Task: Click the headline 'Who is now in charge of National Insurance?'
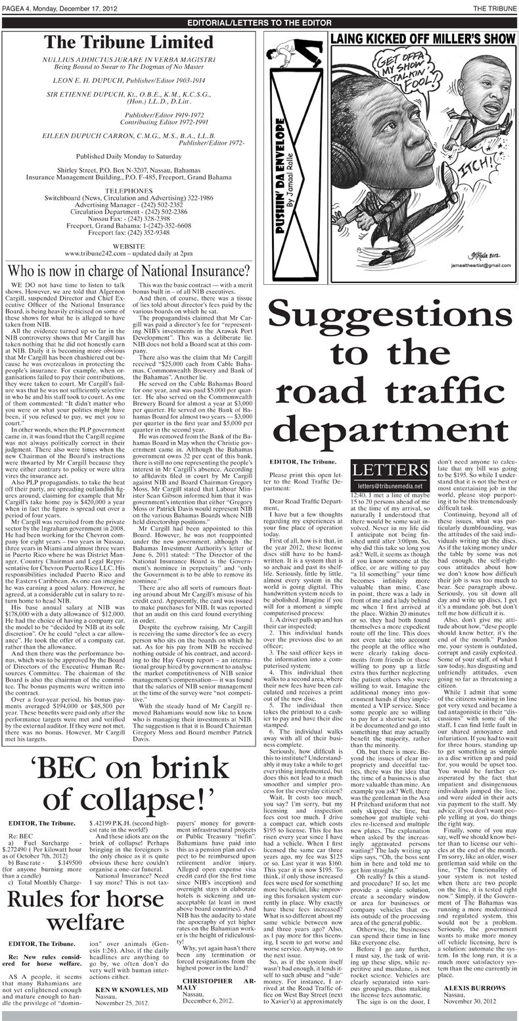(x=128, y=270)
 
